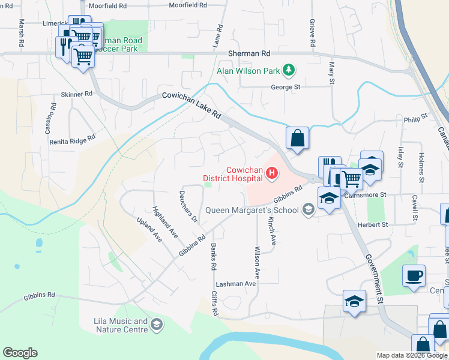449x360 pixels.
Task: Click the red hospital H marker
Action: pos(272,174)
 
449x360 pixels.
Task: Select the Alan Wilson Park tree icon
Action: pos(289,71)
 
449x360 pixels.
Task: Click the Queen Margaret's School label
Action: pos(252,210)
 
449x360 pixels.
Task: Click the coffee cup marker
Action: pos(414,276)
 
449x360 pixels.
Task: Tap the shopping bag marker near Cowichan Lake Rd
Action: pos(297,139)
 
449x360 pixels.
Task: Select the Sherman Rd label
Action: pos(249,53)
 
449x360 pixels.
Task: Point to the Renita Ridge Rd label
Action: pos(73,138)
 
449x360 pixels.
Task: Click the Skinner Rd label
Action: pos(77,94)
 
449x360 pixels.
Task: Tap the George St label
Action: pos(285,87)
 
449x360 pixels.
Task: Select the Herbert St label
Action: pos(373,224)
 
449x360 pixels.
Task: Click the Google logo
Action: pos(20,353)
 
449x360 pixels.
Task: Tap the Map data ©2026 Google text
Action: pos(412,355)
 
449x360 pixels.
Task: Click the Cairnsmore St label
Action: pos(368,195)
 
